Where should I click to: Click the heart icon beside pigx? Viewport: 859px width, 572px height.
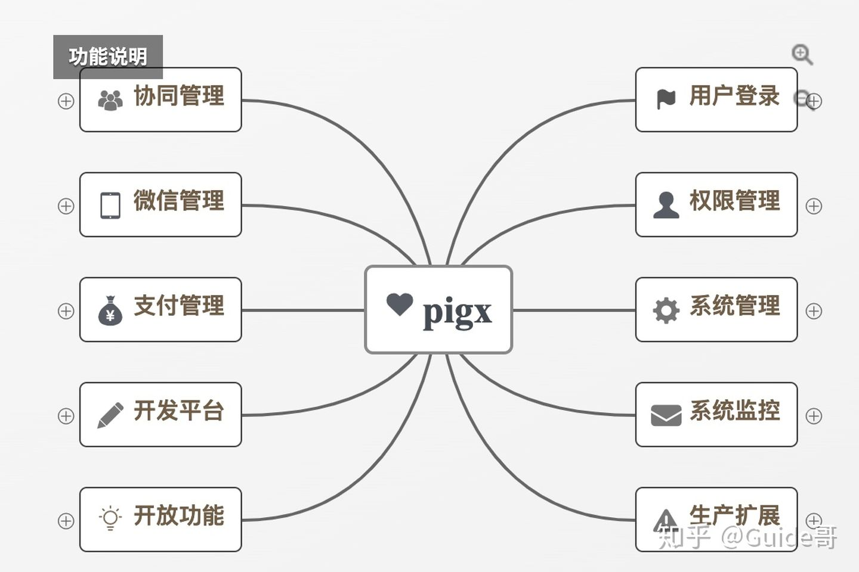click(399, 304)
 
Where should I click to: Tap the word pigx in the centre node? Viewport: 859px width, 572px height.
click(457, 312)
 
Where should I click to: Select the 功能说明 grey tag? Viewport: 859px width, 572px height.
click(108, 57)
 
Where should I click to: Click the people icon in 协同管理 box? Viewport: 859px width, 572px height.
click(110, 100)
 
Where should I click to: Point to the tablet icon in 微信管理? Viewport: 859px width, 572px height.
click(110, 206)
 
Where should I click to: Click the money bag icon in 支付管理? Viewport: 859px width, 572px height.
click(110, 310)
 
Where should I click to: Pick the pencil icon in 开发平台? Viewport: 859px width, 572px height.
click(110, 415)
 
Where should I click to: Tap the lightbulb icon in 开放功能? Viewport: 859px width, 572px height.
click(110, 518)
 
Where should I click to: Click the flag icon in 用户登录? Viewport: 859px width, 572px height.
click(666, 99)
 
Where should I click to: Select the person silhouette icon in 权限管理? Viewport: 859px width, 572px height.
click(666, 205)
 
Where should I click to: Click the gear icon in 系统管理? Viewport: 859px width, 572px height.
click(666, 310)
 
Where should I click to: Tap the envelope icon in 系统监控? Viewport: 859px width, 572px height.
click(666, 415)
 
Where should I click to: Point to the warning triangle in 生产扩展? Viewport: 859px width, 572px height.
click(665, 520)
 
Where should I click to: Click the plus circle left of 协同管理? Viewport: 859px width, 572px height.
click(66, 101)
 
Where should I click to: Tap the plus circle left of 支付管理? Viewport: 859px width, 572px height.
click(66, 311)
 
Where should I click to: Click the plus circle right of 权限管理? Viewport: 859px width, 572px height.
click(814, 206)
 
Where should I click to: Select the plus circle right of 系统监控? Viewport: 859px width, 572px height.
click(814, 416)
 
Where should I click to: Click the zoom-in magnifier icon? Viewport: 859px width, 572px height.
click(802, 54)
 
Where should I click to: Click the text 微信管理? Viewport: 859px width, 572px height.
click(178, 201)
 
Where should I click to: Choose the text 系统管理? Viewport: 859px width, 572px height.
click(734, 306)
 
